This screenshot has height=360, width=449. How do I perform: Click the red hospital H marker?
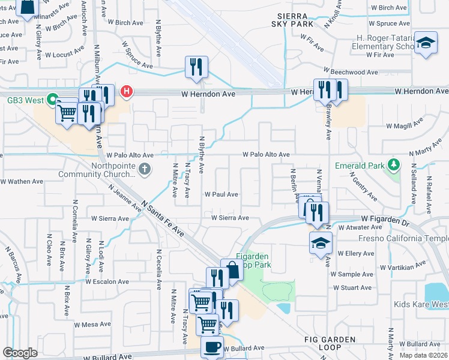(127, 92)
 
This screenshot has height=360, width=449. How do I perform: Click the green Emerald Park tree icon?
(394, 164)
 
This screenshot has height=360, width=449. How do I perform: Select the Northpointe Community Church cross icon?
(144, 170)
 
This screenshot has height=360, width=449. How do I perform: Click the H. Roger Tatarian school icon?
(426, 43)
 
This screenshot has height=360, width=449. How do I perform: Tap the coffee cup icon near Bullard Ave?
(212, 347)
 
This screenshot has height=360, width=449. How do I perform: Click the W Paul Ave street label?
(221, 194)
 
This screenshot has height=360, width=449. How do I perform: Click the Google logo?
(20, 353)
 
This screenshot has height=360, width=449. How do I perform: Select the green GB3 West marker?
(52, 99)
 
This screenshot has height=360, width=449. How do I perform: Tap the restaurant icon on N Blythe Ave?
(196, 68)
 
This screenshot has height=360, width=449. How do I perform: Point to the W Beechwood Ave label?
(351, 72)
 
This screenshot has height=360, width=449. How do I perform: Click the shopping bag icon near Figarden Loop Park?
(232, 270)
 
